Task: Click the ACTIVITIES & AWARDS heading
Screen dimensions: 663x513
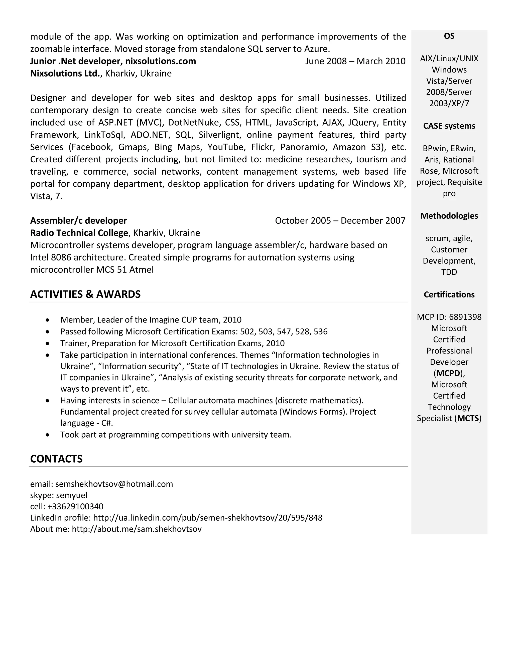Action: click(x=85, y=294)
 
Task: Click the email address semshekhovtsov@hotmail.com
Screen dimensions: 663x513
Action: click(x=114, y=484)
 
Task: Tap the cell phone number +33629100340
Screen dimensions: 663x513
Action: click(x=75, y=506)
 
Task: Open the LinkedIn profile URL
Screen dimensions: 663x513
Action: click(x=208, y=518)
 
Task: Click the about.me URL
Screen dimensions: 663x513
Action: click(x=137, y=529)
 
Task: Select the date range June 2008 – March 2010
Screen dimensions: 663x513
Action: click(x=355, y=61)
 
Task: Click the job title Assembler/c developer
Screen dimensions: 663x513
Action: click(x=78, y=220)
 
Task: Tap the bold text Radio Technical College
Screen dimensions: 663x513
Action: click(x=79, y=233)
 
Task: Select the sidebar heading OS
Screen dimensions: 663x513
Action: click(x=449, y=36)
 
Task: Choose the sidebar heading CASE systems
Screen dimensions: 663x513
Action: click(x=449, y=126)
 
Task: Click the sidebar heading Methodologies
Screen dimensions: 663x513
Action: click(x=449, y=216)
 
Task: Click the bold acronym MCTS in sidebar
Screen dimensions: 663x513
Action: click(x=468, y=418)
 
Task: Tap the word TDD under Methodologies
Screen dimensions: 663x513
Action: click(x=449, y=272)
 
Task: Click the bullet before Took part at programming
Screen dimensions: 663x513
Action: click(x=47, y=435)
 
